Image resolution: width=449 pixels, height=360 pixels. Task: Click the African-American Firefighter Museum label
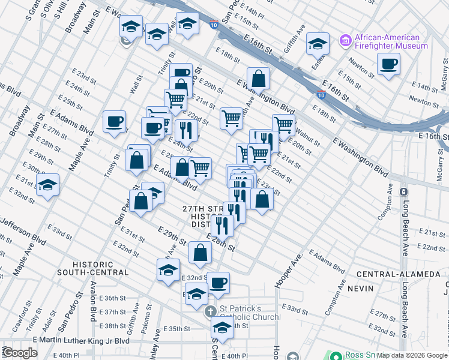(391, 41)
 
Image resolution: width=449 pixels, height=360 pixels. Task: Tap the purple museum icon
(345, 41)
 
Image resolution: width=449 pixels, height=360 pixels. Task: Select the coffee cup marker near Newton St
(388, 64)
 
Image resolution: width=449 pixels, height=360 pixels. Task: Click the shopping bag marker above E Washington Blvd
(258, 79)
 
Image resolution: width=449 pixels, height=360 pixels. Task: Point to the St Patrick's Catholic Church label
(248, 313)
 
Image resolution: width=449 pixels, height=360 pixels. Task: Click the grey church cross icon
(210, 312)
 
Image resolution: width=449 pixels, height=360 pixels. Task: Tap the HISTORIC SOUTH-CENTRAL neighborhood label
(101, 268)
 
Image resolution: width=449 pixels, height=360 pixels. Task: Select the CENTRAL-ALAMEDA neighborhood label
(390, 274)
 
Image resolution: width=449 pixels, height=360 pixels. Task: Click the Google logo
(20, 353)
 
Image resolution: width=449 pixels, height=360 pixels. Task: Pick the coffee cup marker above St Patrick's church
(218, 282)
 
